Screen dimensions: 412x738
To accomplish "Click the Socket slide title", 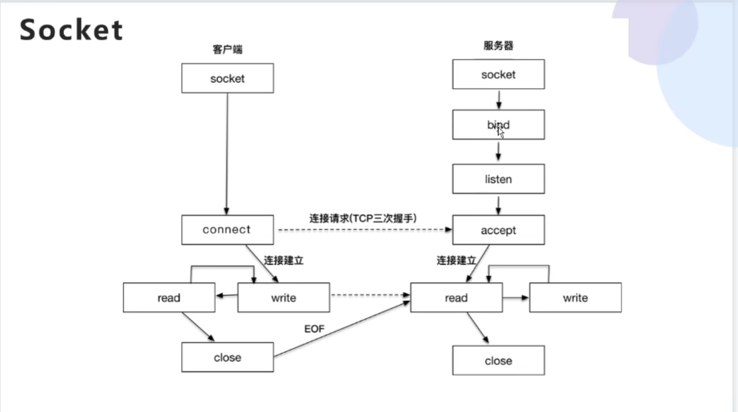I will click(71, 30).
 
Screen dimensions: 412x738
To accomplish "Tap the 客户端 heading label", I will click(227, 49).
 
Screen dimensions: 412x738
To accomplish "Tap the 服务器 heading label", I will click(498, 46).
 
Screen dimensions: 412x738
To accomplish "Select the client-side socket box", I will click(227, 78).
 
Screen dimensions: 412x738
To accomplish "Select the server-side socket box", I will click(498, 74).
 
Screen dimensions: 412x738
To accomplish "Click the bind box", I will click(498, 125).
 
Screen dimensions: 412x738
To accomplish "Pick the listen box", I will click(498, 179).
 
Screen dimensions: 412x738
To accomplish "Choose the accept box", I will click(498, 230).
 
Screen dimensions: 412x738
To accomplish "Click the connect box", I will click(227, 230).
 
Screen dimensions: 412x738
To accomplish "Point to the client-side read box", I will click(169, 298).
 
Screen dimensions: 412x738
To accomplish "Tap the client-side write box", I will click(283, 298).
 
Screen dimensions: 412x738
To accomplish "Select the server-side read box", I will click(456, 298).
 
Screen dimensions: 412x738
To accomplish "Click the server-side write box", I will click(575, 298).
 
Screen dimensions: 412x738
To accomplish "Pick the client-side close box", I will click(227, 357).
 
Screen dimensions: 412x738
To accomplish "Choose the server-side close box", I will click(498, 361).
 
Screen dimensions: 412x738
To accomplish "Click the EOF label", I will click(314, 329).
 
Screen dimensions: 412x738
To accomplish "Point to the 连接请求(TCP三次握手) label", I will click(363, 218).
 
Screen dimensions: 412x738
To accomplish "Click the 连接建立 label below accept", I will click(456, 260).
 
